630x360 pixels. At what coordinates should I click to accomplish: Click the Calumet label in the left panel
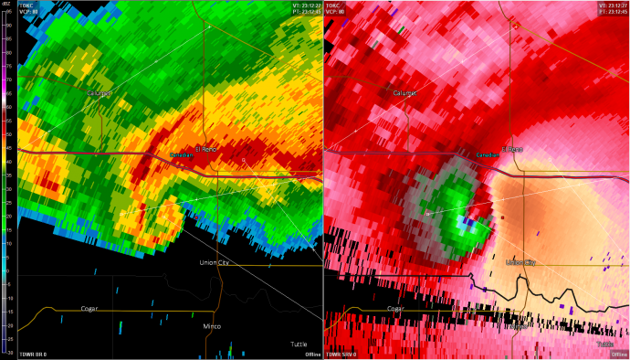(x=99, y=93)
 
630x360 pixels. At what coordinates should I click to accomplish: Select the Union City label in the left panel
(x=215, y=263)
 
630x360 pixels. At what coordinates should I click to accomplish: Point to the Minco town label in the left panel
(x=212, y=325)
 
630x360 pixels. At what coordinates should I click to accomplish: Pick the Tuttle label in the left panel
(x=299, y=344)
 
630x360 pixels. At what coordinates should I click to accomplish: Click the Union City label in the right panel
(x=520, y=263)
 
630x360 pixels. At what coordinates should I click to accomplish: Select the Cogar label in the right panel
(x=394, y=308)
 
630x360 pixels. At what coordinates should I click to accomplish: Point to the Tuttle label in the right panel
(x=605, y=344)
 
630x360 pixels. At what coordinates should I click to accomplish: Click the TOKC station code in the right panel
(x=335, y=5)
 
